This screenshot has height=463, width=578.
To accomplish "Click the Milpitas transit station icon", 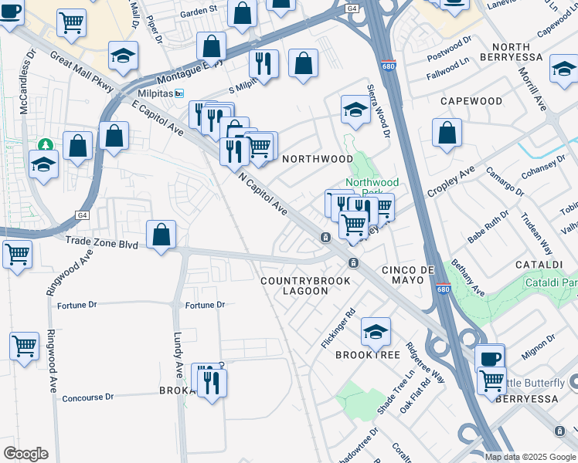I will pyautogui.click(x=179, y=93).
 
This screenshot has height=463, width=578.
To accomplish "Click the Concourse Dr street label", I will pyautogui.click(x=87, y=397).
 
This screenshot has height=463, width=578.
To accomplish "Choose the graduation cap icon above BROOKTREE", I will pyautogui.click(x=376, y=331).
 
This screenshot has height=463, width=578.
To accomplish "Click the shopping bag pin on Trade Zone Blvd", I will pyautogui.click(x=161, y=234).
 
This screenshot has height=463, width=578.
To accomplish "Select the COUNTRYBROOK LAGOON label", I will pyautogui.click(x=305, y=286).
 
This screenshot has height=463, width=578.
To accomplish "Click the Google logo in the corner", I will pyautogui.click(x=25, y=454).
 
